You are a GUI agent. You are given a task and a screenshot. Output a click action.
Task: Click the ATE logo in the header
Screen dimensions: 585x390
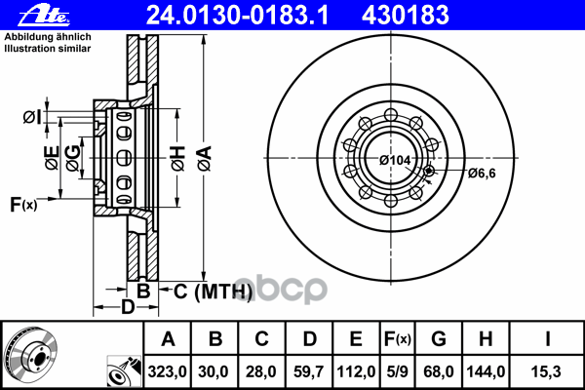tap(44, 16)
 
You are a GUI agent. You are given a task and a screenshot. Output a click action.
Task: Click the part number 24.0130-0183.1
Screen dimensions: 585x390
tap(237, 16)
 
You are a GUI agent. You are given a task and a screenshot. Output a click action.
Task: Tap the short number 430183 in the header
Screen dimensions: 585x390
tap(406, 16)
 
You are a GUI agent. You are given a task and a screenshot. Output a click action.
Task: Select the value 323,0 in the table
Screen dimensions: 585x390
tap(167, 371)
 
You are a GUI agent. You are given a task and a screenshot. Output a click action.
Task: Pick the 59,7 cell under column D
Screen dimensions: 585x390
tap(308, 371)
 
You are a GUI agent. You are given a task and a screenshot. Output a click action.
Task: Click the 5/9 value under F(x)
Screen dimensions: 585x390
tap(397, 371)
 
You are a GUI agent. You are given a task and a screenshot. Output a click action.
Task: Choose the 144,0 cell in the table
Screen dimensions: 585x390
tap(486, 371)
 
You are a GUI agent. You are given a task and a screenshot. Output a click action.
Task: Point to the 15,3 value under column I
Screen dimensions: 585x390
tap(546, 371)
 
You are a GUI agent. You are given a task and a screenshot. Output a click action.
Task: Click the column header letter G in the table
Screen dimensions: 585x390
tap(439, 339)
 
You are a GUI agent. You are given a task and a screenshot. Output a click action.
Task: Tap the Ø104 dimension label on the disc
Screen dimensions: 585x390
tap(395, 160)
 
